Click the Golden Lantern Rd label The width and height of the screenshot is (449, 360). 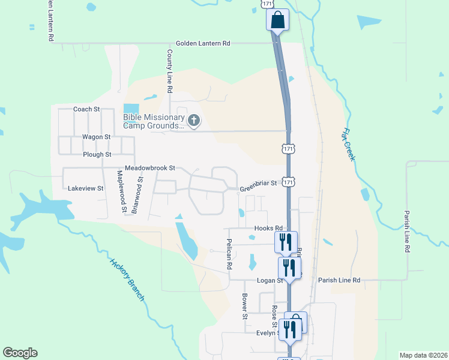pyautogui.click(x=203, y=44)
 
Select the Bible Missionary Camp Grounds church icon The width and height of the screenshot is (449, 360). pyautogui.click(x=193, y=121)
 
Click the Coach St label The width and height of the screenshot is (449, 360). pyautogui.click(x=86, y=109)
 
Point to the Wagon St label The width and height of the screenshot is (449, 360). pyautogui.click(x=96, y=137)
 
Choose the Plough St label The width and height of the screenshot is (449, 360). pyautogui.click(x=97, y=154)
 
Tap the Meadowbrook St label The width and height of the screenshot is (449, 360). pyautogui.click(x=149, y=169)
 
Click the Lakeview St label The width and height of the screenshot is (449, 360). pyautogui.click(x=86, y=188)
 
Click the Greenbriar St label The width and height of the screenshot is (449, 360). pyautogui.click(x=258, y=183)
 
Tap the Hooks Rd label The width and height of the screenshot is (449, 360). pyautogui.click(x=268, y=229)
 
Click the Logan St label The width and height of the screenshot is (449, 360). pyautogui.click(x=271, y=280)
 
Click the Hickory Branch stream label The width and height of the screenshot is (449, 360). pyautogui.click(x=127, y=279)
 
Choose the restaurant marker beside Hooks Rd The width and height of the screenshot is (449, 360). pyautogui.click(x=286, y=241)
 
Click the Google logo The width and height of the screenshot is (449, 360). pyautogui.click(x=20, y=353)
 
